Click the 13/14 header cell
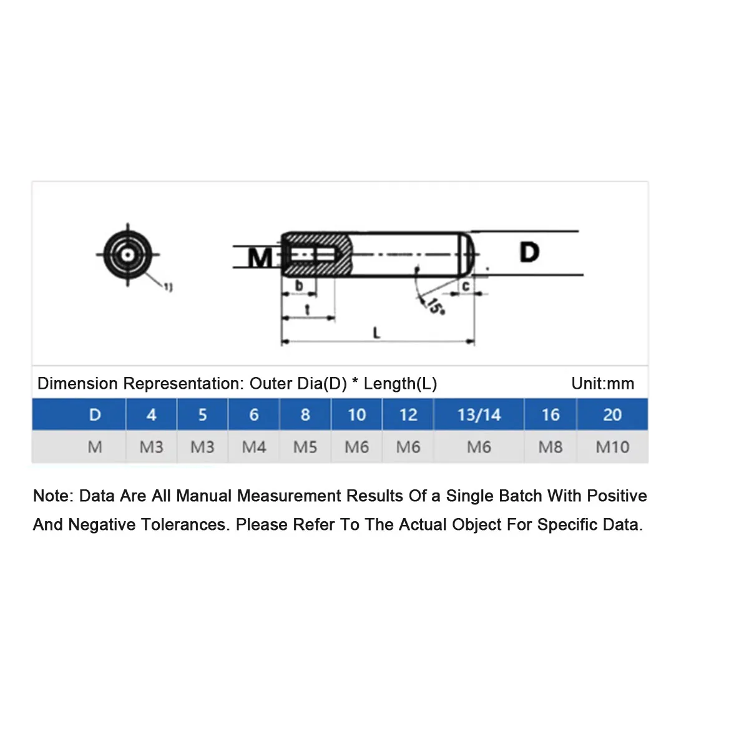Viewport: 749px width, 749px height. [x=479, y=414]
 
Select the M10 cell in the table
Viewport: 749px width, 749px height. [x=612, y=447]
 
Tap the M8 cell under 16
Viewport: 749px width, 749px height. [x=550, y=447]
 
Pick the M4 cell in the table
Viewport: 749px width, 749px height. [x=254, y=447]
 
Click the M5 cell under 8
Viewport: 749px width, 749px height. [x=305, y=447]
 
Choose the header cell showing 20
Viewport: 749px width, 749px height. [x=612, y=414]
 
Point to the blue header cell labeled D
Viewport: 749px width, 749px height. [x=95, y=414]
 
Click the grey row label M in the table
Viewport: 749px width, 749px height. [x=95, y=447]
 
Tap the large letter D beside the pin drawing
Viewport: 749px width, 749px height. [x=529, y=252]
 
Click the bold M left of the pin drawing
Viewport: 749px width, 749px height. [x=260, y=257]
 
